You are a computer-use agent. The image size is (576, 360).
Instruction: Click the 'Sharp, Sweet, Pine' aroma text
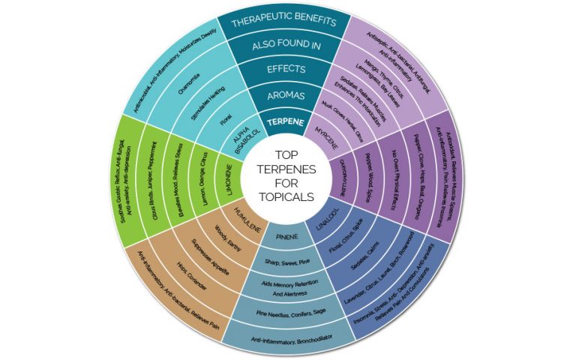point(288,263)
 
